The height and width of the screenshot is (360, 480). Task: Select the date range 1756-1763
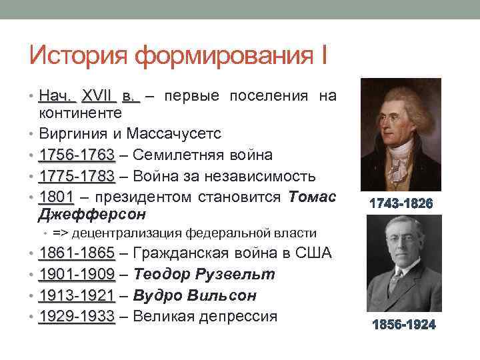pos(77,155)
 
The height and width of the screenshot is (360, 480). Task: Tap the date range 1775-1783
pos(77,176)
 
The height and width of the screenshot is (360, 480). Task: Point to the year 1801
pos(55,197)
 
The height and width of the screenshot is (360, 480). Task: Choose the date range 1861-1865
pos(77,253)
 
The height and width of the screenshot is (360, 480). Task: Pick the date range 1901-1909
pos(77,274)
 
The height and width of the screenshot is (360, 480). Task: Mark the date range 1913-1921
pos(77,295)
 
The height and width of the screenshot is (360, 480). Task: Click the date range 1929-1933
pos(77,315)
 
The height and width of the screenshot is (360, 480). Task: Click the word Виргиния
pos(72,134)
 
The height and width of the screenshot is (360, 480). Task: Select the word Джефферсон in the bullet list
pos(92,215)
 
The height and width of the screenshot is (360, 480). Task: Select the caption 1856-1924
pos(403,325)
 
